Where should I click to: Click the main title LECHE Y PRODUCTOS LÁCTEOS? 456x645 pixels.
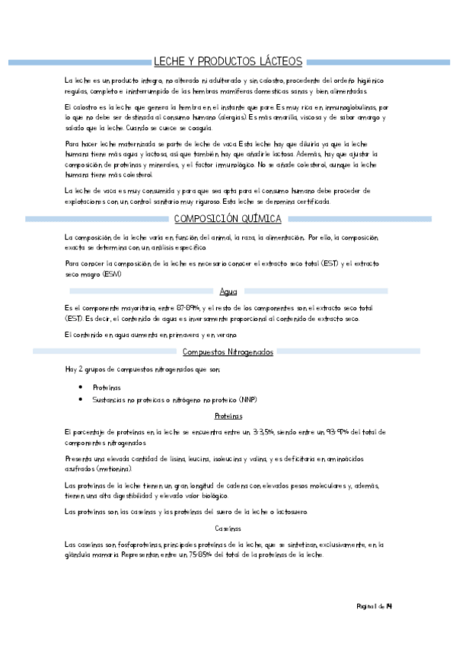click(228, 61)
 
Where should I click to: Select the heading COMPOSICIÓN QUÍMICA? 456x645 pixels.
click(228, 219)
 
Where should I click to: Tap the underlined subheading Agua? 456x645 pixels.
click(228, 291)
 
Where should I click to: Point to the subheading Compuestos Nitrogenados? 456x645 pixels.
click(227, 351)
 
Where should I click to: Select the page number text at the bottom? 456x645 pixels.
click(375, 606)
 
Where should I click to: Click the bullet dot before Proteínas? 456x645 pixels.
click(81, 387)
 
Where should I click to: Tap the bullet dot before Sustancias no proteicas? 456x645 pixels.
click(81, 399)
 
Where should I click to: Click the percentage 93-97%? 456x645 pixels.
click(329, 432)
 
